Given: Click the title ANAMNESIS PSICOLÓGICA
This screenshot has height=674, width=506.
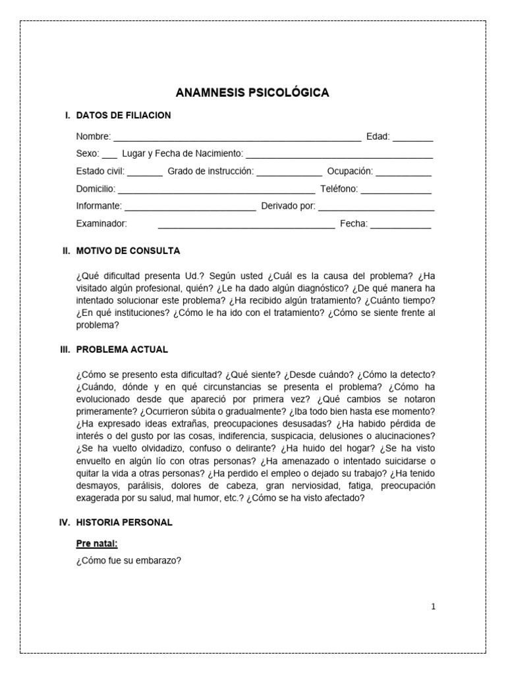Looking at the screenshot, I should coord(252,93).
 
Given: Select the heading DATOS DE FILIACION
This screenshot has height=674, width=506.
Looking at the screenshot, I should coord(123,115).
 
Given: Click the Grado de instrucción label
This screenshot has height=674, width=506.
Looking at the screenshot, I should coord(210,171).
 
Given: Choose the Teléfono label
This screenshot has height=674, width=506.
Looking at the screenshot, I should coord(339,189).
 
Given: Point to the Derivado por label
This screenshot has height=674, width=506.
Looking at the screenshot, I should coord(289,206).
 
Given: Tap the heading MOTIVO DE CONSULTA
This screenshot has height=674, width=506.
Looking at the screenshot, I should coord(128,251).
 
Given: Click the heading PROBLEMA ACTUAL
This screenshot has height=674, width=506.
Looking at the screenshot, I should coord(122,349).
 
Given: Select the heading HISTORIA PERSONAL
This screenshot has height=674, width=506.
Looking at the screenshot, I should coord(124,522).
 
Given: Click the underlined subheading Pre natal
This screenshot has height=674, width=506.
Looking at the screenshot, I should coord(97,543).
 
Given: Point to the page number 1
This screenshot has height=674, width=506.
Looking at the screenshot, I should coord(433,607).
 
